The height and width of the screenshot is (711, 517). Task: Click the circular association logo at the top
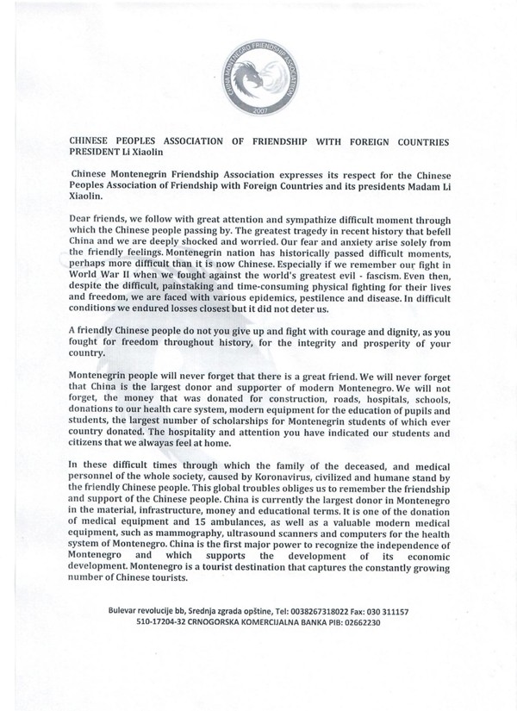tap(258, 70)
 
